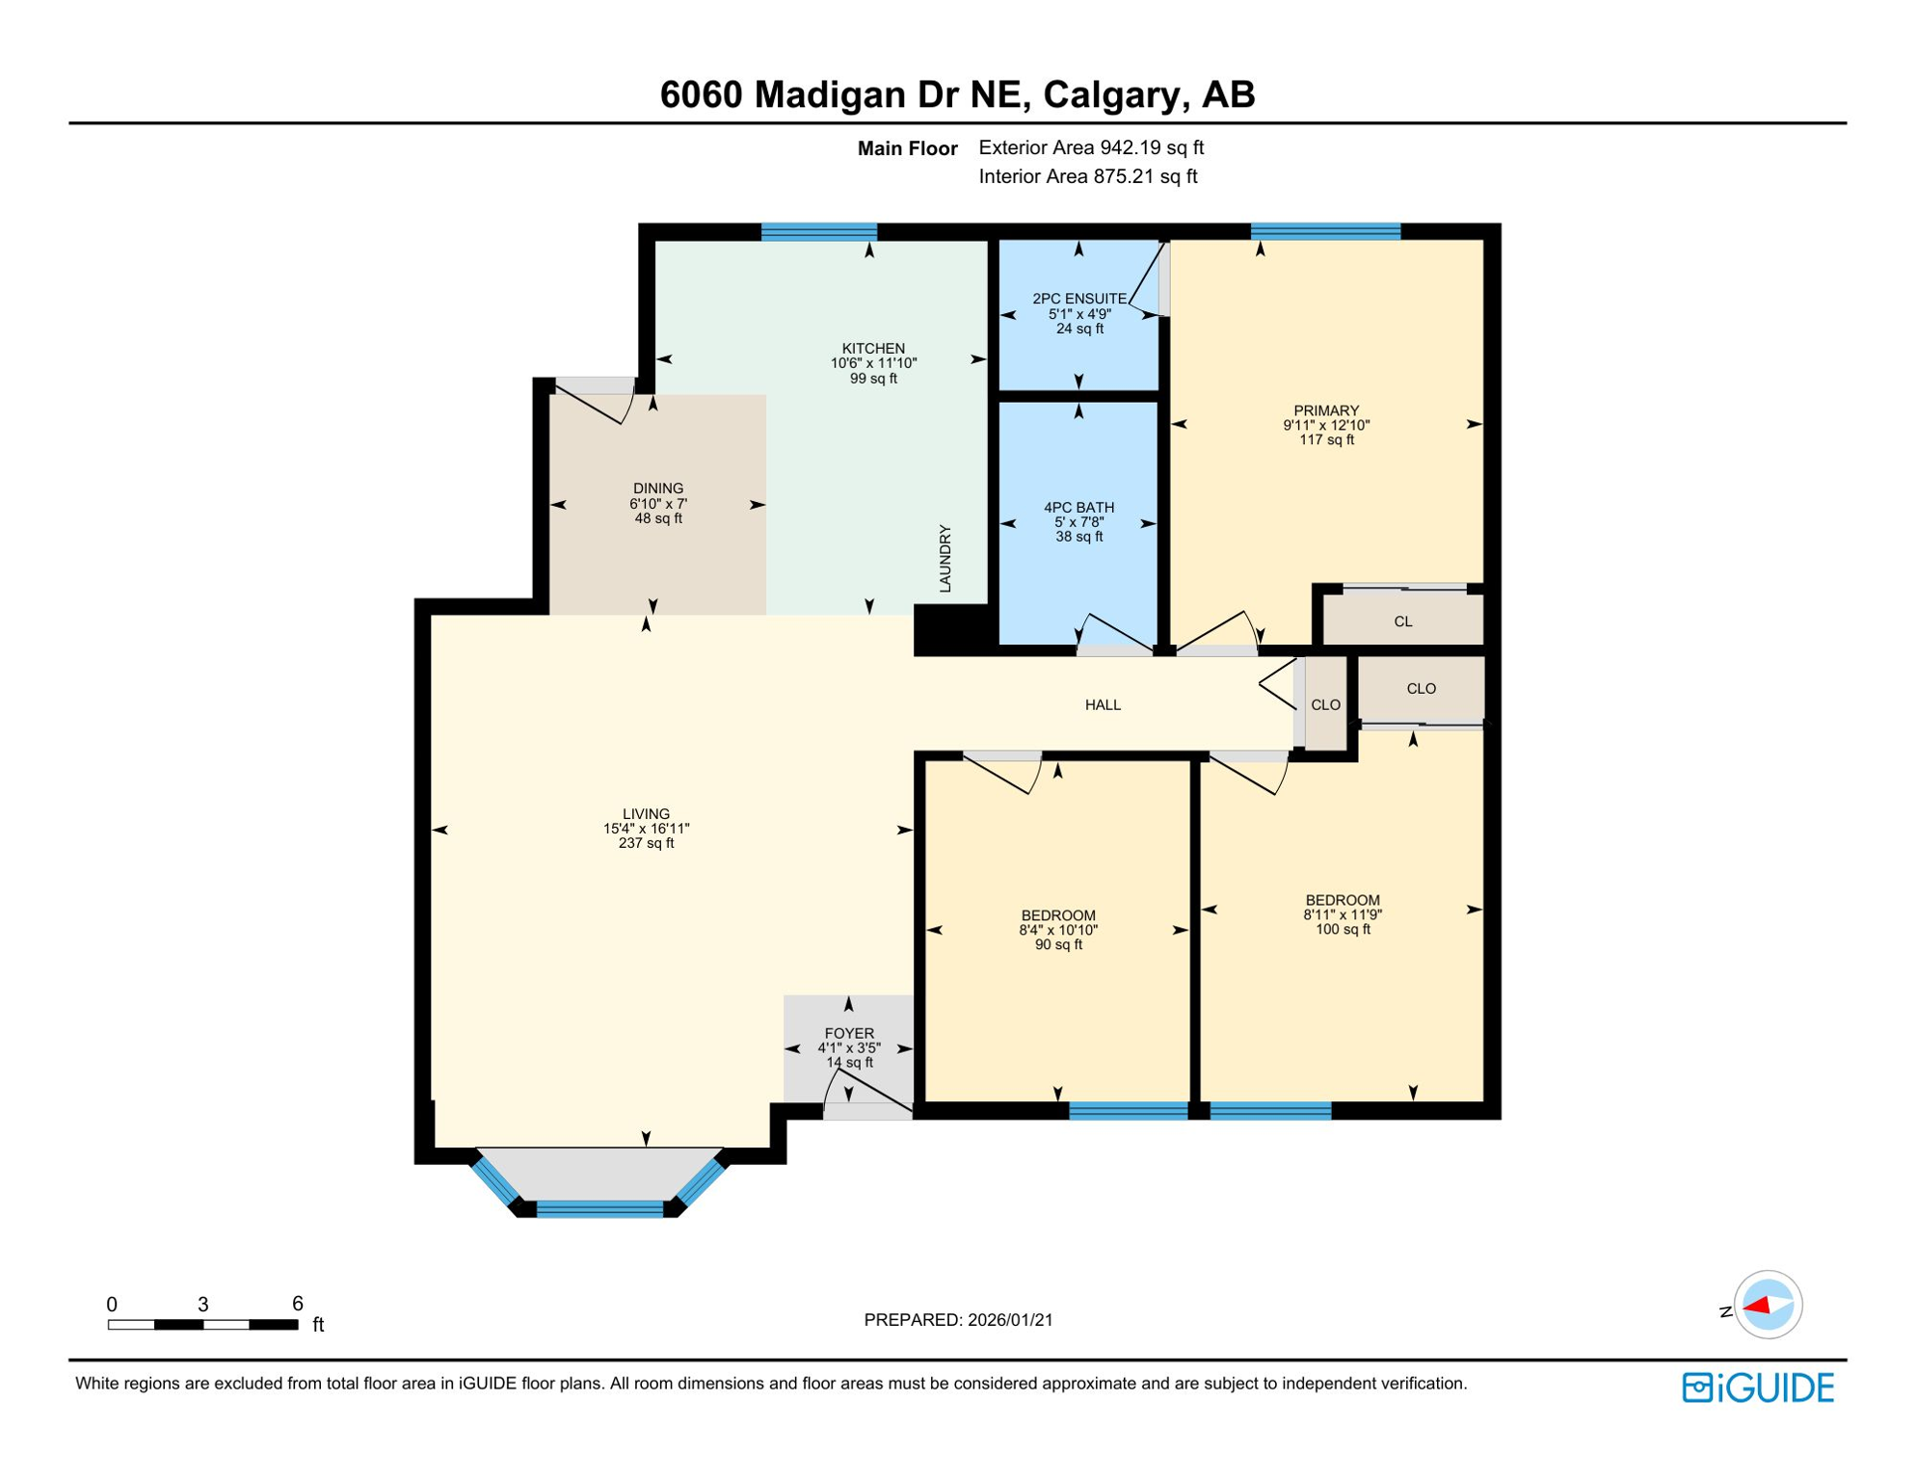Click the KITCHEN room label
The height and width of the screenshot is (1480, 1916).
(873, 349)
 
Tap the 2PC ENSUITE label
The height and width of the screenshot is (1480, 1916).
(1079, 299)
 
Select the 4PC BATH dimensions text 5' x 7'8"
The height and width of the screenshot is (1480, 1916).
(1078, 522)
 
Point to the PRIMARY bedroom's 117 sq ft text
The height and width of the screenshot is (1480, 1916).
(1326, 440)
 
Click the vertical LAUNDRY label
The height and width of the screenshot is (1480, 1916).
(945, 559)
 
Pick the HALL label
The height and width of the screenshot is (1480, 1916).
(1103, 705)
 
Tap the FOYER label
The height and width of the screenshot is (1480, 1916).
(849, 1033)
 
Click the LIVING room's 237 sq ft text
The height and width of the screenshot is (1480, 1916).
(646, 843)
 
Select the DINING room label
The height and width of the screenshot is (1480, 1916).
(658, 489)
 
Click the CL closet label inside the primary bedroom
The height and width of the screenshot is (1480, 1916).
(1403, 621)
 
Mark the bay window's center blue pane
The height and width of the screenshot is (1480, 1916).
(599, 1209)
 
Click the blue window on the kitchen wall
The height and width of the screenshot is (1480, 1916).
(819, 231)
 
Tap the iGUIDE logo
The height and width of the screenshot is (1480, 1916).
(1758, 1388)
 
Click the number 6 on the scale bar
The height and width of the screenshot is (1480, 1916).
(298, 1304)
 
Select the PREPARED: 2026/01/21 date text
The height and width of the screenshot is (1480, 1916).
(958, 1320)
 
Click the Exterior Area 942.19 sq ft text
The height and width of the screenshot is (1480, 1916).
(1091, 147)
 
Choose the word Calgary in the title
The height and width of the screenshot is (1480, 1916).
(1111, 94)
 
